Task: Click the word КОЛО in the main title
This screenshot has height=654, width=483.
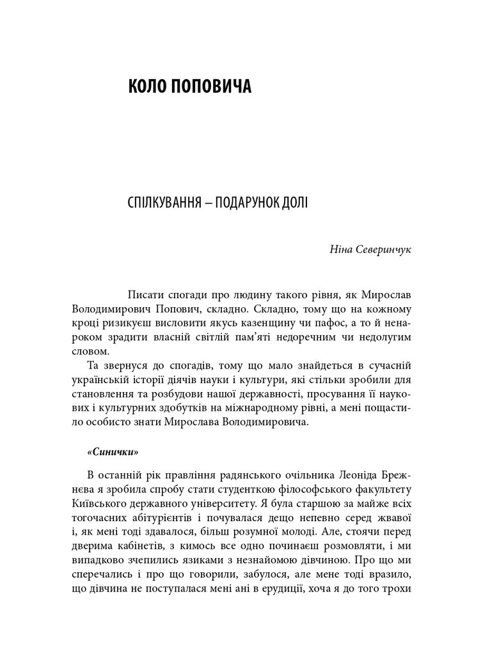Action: tap(149, 87)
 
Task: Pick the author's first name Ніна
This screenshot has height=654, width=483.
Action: tap(340, 248)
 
